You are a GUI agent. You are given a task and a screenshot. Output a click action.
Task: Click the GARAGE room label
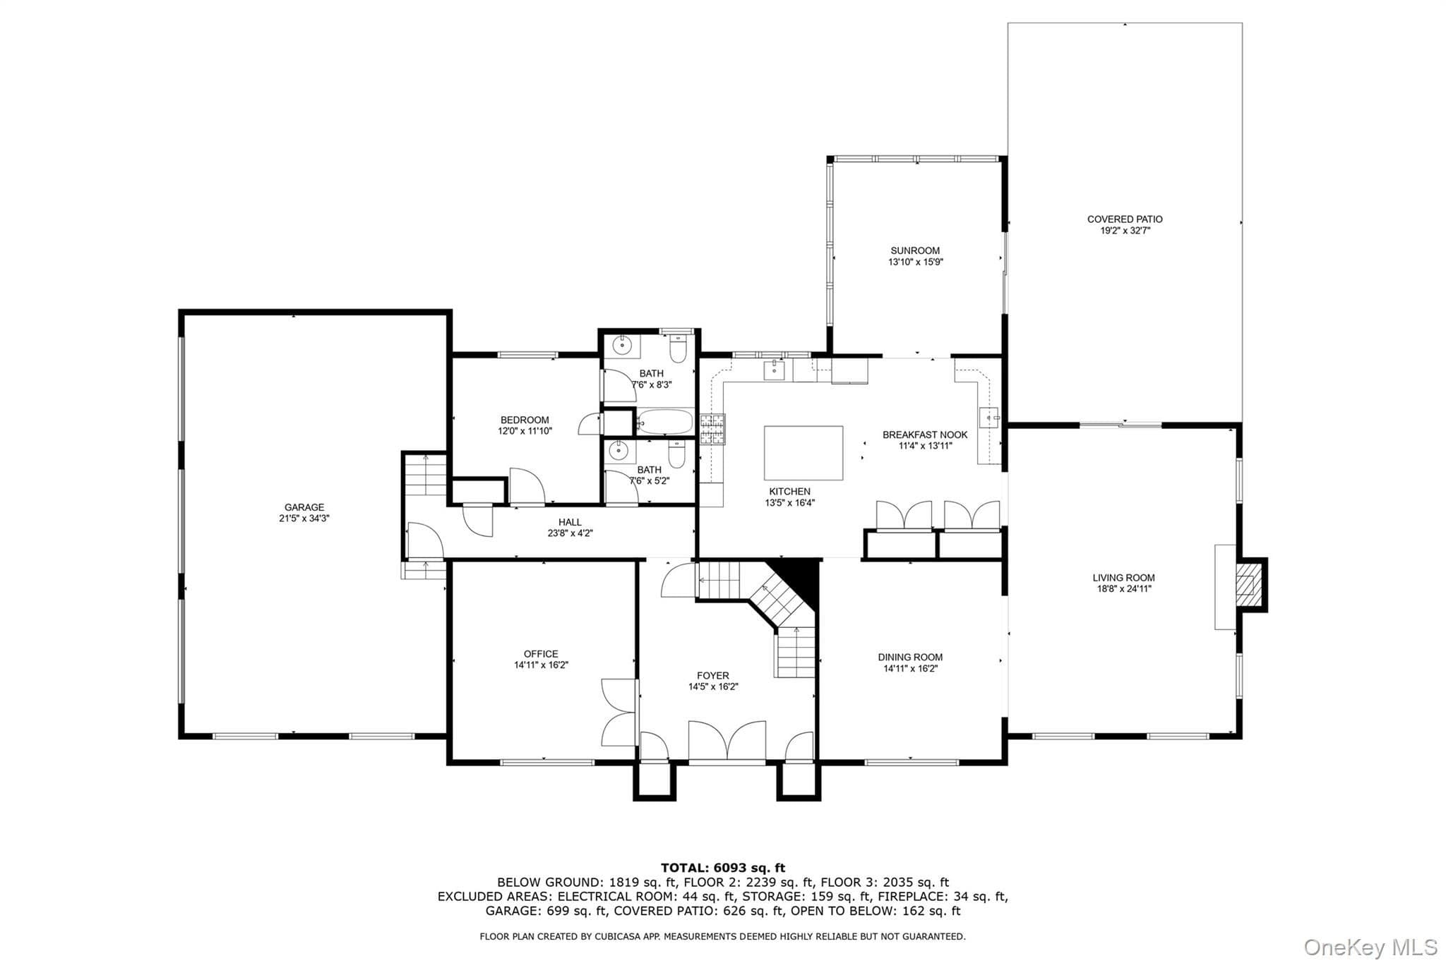pos(304,507)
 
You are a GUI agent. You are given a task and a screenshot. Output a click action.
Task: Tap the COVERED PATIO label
pos(1125,219)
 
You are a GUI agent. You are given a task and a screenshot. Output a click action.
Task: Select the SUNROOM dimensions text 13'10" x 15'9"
pos(916,262)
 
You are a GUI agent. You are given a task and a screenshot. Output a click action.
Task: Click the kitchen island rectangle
pos(803,453)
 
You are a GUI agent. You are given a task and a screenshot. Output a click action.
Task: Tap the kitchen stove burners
pos(712,429)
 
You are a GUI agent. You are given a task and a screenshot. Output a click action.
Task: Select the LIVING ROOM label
pos(1124,578)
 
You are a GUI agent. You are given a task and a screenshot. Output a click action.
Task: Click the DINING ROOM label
pos(910,658)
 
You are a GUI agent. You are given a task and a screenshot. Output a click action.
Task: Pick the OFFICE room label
pos(541,654)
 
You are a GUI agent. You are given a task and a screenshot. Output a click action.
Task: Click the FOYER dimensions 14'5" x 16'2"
pos(713,687)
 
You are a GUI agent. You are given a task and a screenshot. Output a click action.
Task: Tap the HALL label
pos(570,523)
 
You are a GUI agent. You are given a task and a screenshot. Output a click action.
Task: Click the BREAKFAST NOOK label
pos(925,435)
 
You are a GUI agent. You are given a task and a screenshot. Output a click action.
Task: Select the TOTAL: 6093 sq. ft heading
pos(723,868)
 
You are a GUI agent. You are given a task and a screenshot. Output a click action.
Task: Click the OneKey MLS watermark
pos(1370,947)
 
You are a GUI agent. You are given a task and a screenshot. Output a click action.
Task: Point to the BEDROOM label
pos(525,420)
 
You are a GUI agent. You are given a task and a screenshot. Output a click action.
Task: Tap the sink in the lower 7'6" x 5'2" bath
pos(619,449)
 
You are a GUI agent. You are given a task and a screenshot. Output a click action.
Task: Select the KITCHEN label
pos(789,492)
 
